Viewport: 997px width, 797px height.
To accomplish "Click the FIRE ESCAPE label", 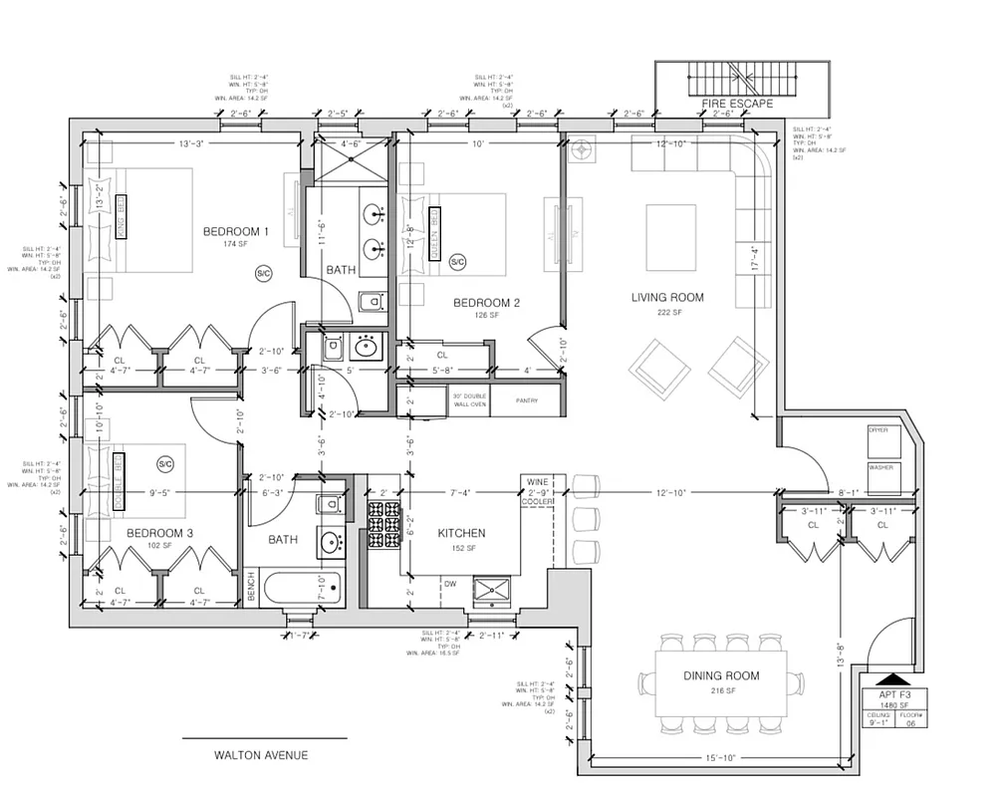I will point(741,103).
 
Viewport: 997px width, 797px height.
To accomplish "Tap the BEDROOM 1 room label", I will point(237,231).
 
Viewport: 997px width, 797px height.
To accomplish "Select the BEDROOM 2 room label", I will point(486,303).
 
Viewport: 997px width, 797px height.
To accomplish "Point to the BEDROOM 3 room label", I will point(159,533).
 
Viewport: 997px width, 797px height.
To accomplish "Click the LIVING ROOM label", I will point(667,297).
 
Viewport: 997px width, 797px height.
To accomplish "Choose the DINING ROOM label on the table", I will point(721,676).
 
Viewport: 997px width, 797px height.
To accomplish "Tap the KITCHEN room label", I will point(461,533).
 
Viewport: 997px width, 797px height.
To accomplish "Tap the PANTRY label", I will point(527,401).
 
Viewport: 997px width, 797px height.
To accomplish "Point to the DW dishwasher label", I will point(450,584).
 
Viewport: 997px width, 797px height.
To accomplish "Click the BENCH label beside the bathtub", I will point(251,593).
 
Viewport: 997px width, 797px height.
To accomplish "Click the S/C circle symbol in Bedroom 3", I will point(166,463).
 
